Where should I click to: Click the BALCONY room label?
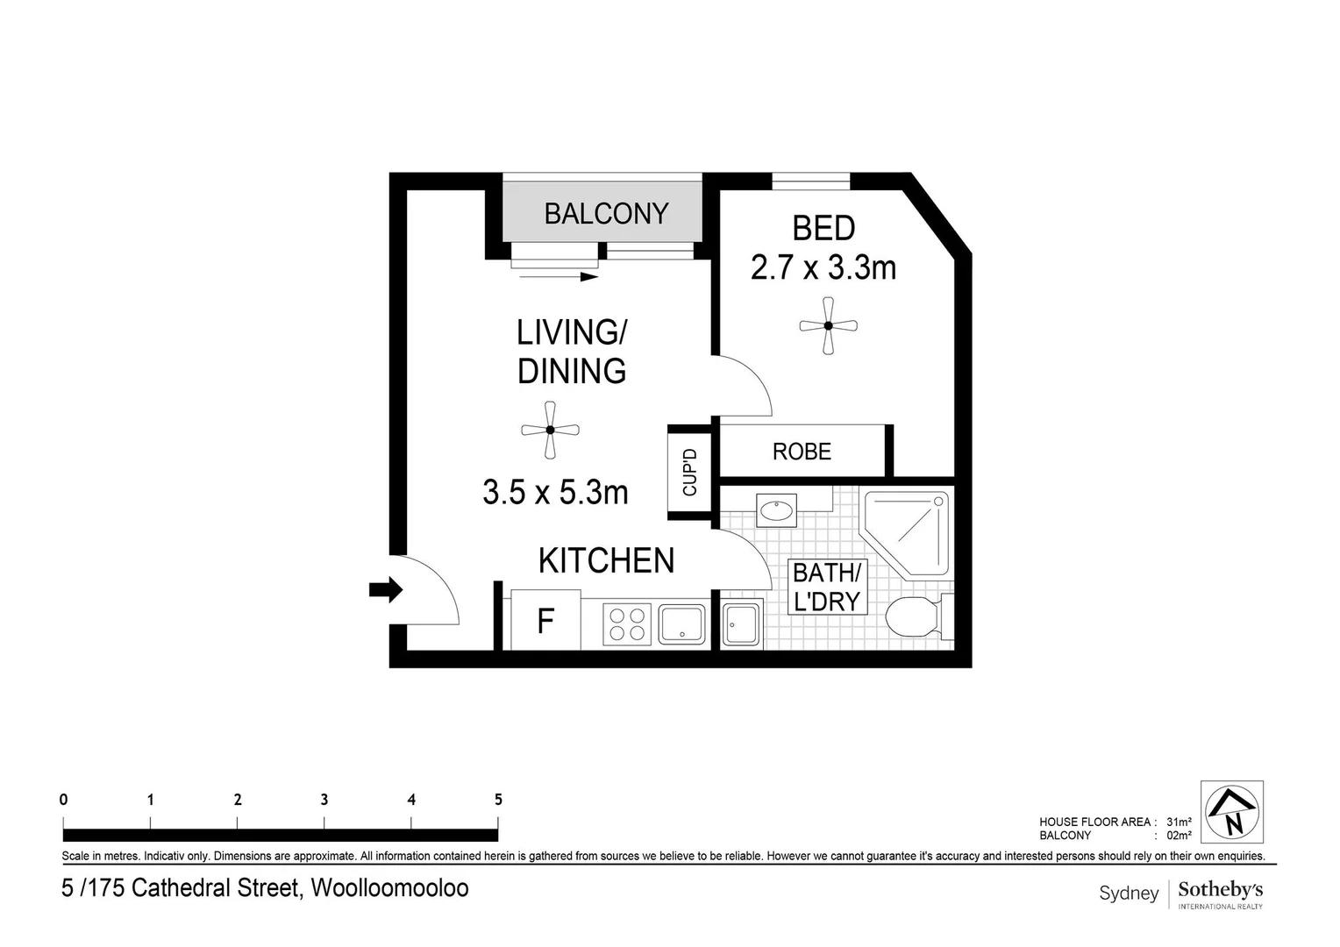(x=606, y=214)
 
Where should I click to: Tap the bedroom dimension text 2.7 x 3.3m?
(x=823, y=267)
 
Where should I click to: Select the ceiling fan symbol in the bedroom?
(x=828, y=326)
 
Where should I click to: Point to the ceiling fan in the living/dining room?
(x=550, y=430)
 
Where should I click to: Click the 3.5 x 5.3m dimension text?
(x=555, y=493)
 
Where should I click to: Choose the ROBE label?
(x=802, y=452)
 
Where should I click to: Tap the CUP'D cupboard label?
(x=689, y=473)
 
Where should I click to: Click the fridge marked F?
(x=545, y=622)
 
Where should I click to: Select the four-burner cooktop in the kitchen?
(x=627, y=624)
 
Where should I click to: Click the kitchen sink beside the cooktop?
(x=682, y=624)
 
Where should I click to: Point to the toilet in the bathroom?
(x=914, y=618)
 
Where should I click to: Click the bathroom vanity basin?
(x=776, y=510)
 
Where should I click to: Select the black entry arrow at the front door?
(x=385, y=590)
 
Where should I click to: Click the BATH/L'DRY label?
(x=827, y=587)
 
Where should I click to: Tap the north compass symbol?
(x=1232, y=812)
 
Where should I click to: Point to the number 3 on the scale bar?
(x=324, y=800)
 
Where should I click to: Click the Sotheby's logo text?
(x=1220, y=890)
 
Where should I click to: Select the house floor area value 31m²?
(x=1179, y=822)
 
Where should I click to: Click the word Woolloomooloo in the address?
(x=389, y=888)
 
